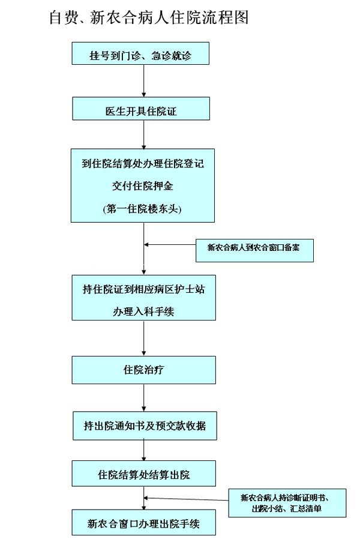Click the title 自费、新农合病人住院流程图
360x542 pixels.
pos(149,17)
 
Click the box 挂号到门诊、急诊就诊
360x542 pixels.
pos(141,56)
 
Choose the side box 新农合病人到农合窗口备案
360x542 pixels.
pos(254,249)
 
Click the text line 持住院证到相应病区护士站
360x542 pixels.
pos(143,289)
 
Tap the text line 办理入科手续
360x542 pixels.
pos(143,312)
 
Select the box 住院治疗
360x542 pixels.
pos(143,370)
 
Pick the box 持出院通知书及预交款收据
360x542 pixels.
pos(144,426)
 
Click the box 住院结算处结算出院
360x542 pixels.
pos(144,474)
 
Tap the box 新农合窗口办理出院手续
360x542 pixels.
pos(144,523)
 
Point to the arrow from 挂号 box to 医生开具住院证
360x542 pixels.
pos(143,81)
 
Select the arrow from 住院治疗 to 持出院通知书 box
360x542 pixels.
pos(144,397)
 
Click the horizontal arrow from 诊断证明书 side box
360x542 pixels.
pos(186,498)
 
